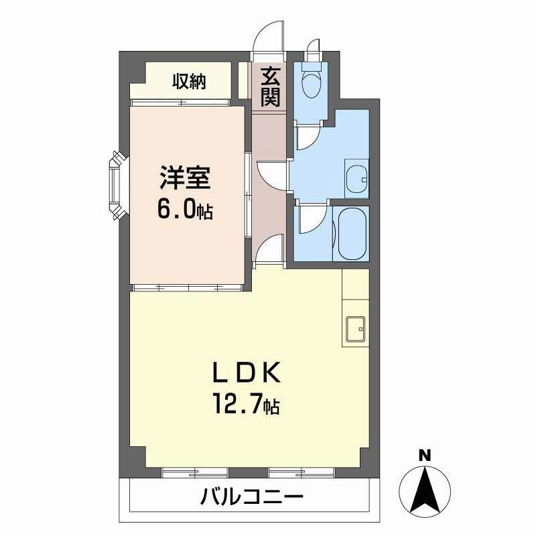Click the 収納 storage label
coord(189,82)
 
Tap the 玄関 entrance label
coord(271,87)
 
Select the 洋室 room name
coord(185,178)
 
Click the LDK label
coord(247,373)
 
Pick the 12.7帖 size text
coord(247,404)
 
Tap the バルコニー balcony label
coord(252,496)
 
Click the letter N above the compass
coord(425,456)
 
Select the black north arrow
coord(425,491)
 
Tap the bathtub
coord(352,233)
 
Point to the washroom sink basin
coord(356,180)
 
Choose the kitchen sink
coord(356,329)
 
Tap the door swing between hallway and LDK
coord(269,249)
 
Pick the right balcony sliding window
coord(301,473)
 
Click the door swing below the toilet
coord(309,138)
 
